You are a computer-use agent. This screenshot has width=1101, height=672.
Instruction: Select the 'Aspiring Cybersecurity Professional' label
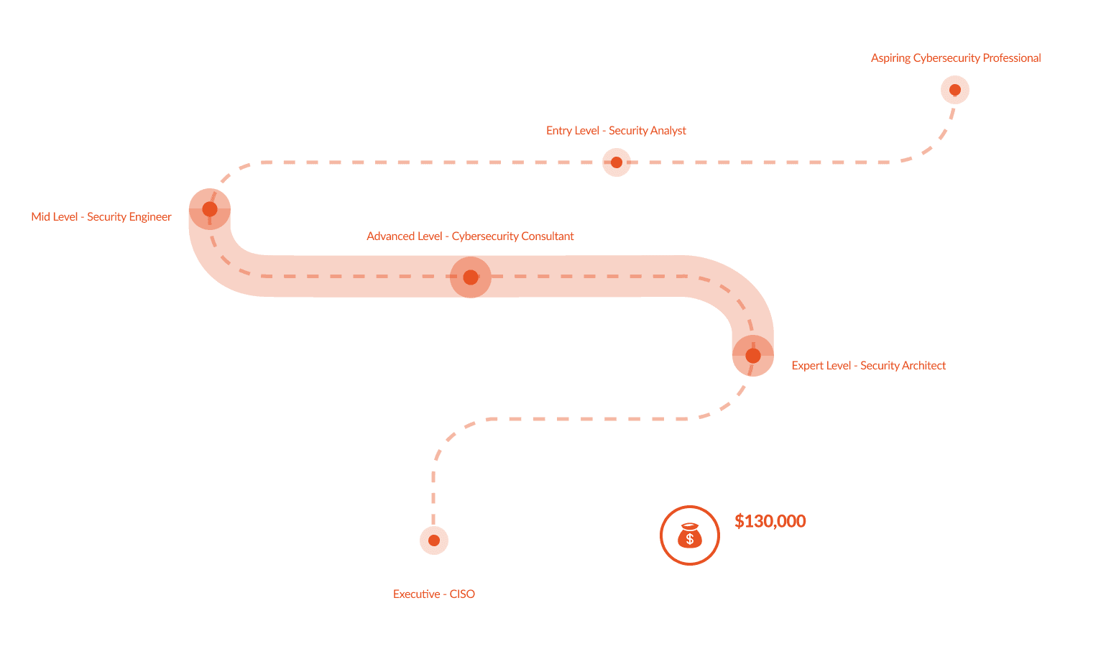[x=955, y=58]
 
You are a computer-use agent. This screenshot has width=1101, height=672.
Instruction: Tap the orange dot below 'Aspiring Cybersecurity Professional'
[x=955, y=91]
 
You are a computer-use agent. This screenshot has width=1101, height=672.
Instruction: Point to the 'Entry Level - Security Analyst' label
[x=616, y=131]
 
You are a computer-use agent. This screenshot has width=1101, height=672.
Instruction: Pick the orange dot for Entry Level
[x=616, y=162]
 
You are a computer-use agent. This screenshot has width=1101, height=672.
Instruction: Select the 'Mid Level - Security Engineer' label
[x=101, y=217]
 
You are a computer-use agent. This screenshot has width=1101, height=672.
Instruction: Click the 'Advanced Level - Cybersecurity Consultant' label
[x=470, y=236]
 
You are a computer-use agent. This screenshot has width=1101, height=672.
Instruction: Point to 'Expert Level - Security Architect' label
[x=868, y=366]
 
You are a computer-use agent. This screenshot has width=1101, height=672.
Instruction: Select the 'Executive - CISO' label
[x=433, y=594]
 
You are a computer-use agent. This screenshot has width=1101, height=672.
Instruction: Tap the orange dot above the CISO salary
[x=433, y=540]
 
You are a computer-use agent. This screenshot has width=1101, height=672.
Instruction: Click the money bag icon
[x=689, y=535]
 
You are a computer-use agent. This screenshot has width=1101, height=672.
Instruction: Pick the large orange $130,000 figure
[x=770, y=521]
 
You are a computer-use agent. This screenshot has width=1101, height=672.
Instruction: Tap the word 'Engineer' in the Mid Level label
[x=149, y=217]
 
